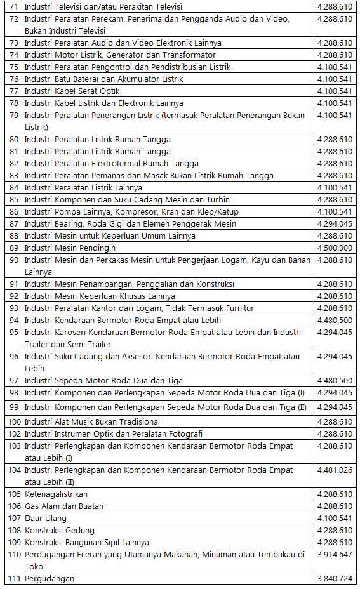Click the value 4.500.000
pyautogui.click(x=334, y=248)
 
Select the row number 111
pyautogui.click(x=14, y=579)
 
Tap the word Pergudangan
pyautogui.click(x=50, y=579)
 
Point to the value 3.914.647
pyautogui.click(x=334, y=555)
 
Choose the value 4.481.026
pyautogui.click(x=334, y=470)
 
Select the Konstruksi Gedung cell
pyautogui.click(x=59, y=531)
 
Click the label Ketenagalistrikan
pyautogui.click(x=56, y=494)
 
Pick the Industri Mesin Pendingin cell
pyautogui.click(x=70, y=248)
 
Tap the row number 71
pyautogui.click(x=14, y=7)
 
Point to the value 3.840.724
pyautogui.click(x=334, y=579)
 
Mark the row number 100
pyautogui.click(x=14, y=422)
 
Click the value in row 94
pyautogui.click(x=334, y=321)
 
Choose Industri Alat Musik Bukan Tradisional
pyautogui.click(x=92, y=422)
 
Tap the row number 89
pyautogui.click(x=14, y=248)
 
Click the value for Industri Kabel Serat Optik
pyautogui.click(x=334, y=91)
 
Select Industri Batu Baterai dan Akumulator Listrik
pyautogui.click(x=103, y=79)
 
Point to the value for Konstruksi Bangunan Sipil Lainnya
pyautogui.click(x=334, y=543)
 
